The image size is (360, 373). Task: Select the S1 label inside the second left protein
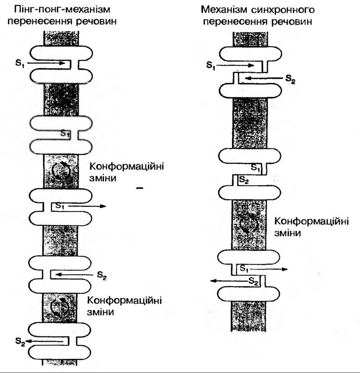coord(65,133)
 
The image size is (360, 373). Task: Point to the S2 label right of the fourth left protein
coord(102,277)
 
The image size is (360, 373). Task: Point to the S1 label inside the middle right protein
coord(255,167)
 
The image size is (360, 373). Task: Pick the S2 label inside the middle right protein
coord(244,179)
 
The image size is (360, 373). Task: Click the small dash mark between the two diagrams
coord(138,188)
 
